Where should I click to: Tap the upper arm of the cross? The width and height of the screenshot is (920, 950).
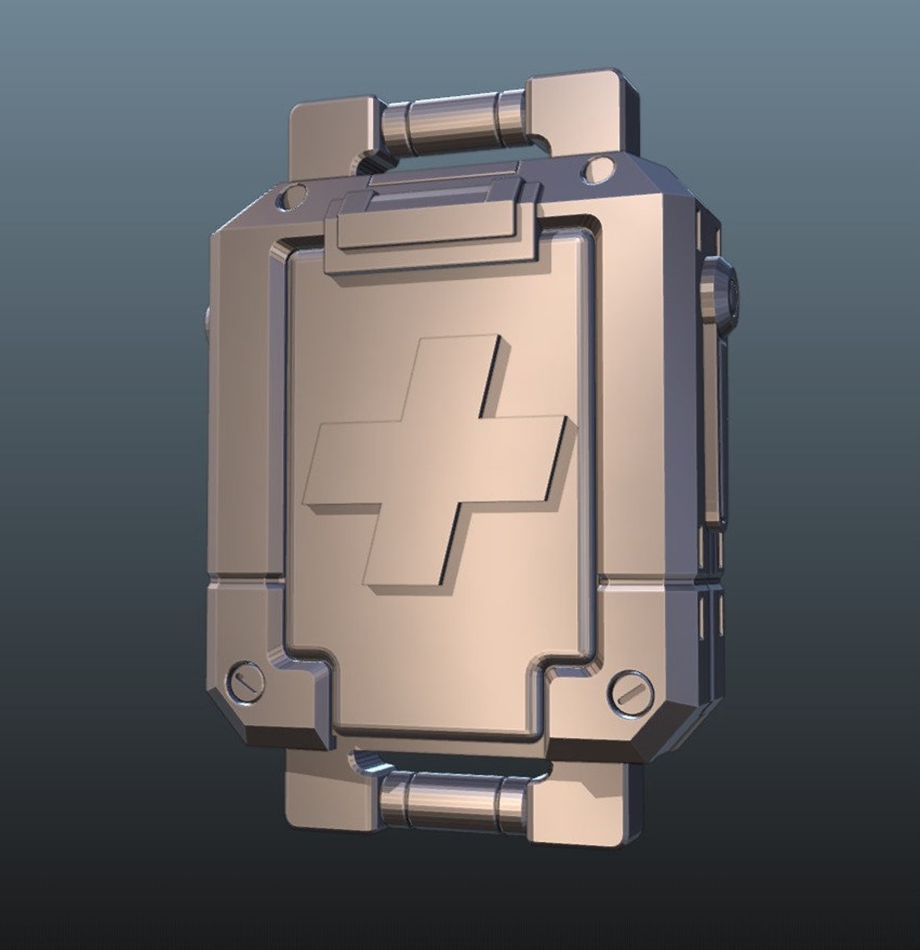(467, 373)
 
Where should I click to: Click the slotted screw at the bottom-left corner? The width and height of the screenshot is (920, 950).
(247, 681)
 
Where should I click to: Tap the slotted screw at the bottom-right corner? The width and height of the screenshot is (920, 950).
(630, 691)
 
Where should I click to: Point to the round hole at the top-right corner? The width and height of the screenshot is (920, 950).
(597, 169)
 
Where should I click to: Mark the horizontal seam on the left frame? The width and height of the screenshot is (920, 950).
(242, 577)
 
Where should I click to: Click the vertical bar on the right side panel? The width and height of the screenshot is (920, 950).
(713, 427)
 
